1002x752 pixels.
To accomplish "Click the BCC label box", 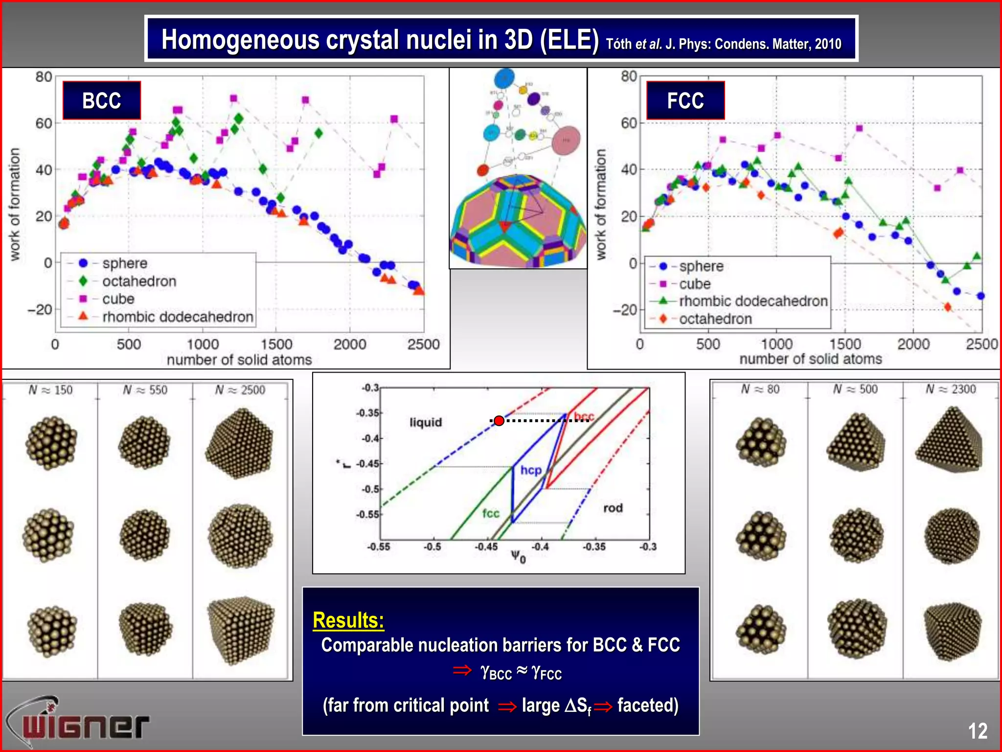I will [102, 100].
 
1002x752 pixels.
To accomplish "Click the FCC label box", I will [685, 100].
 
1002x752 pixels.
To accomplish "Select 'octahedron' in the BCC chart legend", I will [139, 281].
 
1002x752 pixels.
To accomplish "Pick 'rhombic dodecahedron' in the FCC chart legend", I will [753, 301].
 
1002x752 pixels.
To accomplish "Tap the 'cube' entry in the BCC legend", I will [118, 299].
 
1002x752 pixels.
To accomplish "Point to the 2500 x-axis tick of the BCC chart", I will [423, 344].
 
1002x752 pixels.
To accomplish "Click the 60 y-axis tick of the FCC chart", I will [629, 123].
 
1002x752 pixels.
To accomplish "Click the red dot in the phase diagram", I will [499, 421].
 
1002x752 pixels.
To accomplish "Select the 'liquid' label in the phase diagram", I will [426, 422].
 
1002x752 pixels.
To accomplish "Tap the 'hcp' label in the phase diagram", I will [531, 470].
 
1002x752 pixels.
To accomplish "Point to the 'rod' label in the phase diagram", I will [613, 508].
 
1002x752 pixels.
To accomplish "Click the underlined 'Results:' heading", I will [348, 620].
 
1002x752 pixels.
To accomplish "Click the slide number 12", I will [978, 731].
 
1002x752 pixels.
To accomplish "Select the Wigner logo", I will [78, 722].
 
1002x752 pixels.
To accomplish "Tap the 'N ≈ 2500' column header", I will [240, 390].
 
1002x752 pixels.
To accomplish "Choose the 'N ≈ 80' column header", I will [760, 389].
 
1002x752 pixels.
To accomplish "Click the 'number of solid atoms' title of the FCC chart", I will [810, 359].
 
